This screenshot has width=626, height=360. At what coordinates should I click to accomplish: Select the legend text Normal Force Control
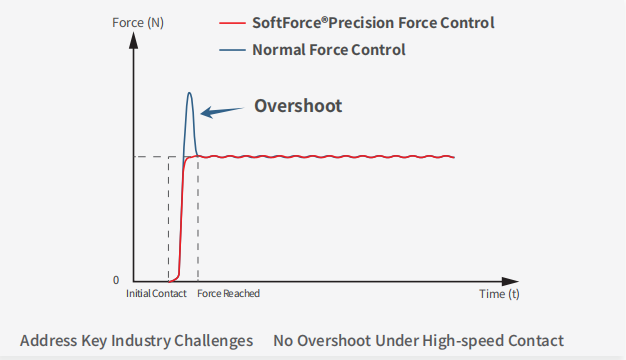pos(328,49)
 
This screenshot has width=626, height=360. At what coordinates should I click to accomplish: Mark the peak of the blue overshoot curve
pos(190,93)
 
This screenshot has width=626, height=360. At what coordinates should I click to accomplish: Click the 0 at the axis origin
pos(116,280)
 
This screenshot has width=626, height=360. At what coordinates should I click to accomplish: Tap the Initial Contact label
pos(156,294)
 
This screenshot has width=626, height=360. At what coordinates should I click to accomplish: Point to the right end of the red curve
pos(454,157)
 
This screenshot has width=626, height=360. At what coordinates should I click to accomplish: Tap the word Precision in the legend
pos(375,21)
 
